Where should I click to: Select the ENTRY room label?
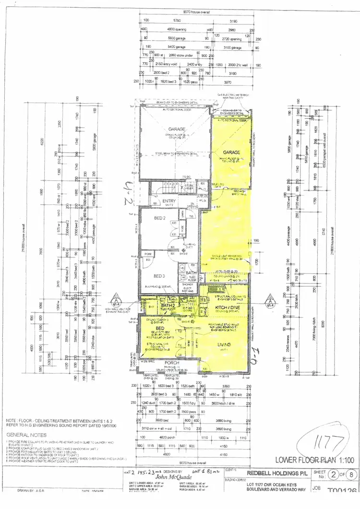pyautogui.click(x=169, y=201)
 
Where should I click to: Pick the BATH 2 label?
pyautogui.click(x=167, y=305)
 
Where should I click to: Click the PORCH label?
pyautogui.click(x=171, y=363)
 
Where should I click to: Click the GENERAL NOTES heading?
pyautogui.click(x=24, y=435)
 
